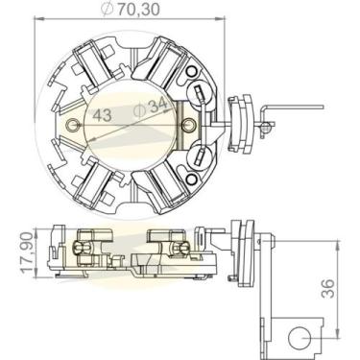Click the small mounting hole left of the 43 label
tap(70, 122)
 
